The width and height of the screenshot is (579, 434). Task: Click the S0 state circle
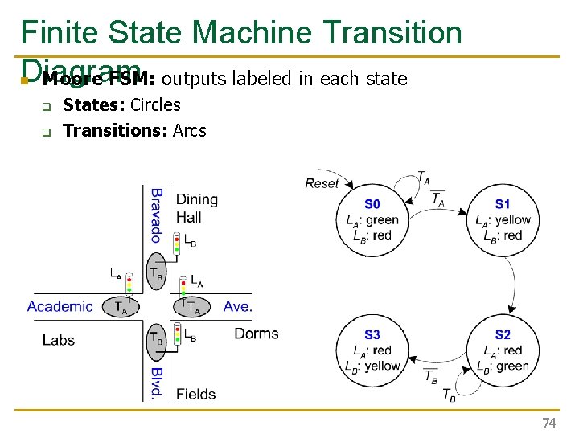[371, 219]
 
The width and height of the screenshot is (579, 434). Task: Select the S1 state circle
[503, 219]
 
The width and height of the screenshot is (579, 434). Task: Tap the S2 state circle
[503, 350]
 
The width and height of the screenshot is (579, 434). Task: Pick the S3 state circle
[371, 350]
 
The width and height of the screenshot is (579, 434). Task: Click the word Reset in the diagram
[322, 183]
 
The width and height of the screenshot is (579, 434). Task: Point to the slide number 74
[549, 423]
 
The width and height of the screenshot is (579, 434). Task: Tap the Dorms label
[256, 334]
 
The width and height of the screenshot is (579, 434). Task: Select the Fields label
[195, 394]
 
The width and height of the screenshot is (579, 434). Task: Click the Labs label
[59, 340]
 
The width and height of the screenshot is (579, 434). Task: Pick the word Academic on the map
[60, 306]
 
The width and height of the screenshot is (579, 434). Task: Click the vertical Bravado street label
[157, 215]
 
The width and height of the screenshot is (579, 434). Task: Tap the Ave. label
[238, 306]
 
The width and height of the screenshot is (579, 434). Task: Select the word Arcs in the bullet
[190, 130]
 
